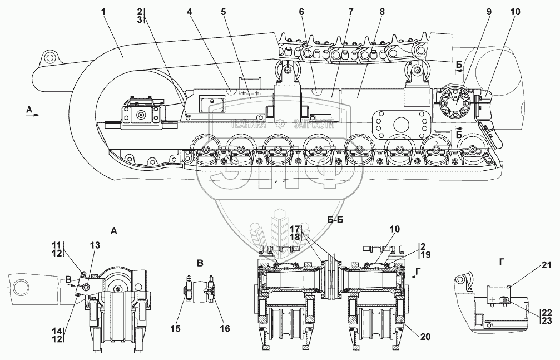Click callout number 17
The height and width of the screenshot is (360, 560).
295,229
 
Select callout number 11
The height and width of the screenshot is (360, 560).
57,245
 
